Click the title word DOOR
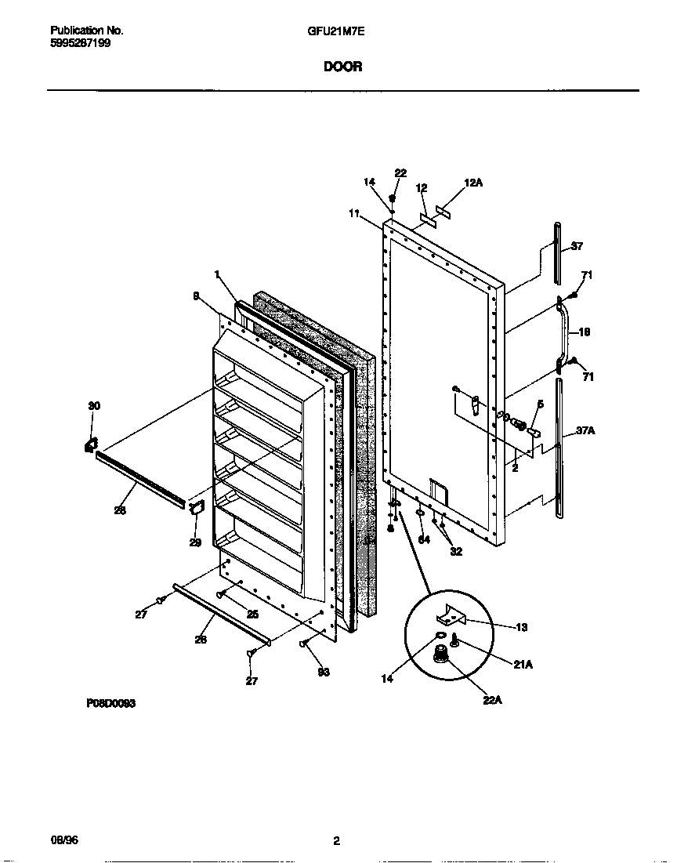[342, 67]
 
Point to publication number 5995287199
[81, 44]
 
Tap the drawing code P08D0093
[110, 704]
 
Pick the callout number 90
[94, 405]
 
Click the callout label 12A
[472, 183]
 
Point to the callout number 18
[584, 332]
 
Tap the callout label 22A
[492, 700]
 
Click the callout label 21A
[523, 665]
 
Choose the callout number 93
[323, 672]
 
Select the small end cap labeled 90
[90, 445]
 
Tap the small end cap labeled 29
[196, 508]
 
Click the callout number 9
[195, 296]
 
